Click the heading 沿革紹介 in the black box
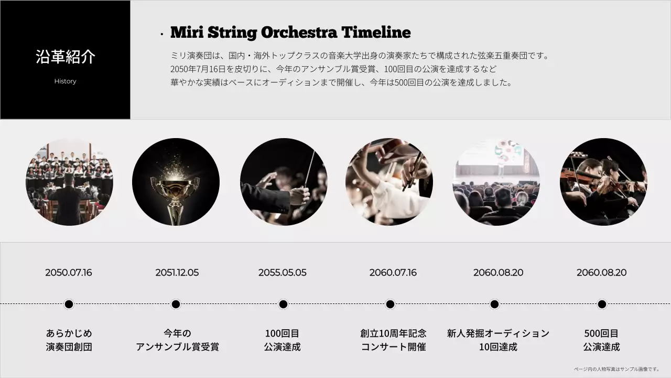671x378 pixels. click(66, 57)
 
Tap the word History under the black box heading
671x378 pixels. click(65, 81)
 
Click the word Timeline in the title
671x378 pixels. click(376, 33)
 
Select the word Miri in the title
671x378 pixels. click(187, 33)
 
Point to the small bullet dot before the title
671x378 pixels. click(161, 35)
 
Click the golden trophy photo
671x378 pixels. click(176, 182)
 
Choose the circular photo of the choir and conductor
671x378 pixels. click(69, 182)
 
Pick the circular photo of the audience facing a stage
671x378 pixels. click(496, 182)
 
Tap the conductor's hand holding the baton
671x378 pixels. click(300, 195)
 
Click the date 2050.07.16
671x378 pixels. click(68, 272)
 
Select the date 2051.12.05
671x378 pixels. click(177, 272)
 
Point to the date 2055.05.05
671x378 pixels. click(282, 272)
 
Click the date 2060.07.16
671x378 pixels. click(393, 272)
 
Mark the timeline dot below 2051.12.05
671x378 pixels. click(176, 304)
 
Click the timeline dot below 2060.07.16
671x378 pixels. click(390, 304)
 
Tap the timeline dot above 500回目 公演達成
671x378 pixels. click(602, 304)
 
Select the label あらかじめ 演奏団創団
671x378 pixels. click(69, 340)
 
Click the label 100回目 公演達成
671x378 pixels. click(282, 340)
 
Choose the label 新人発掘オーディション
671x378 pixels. click(498, 333)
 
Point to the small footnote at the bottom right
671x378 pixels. click(616, 369)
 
